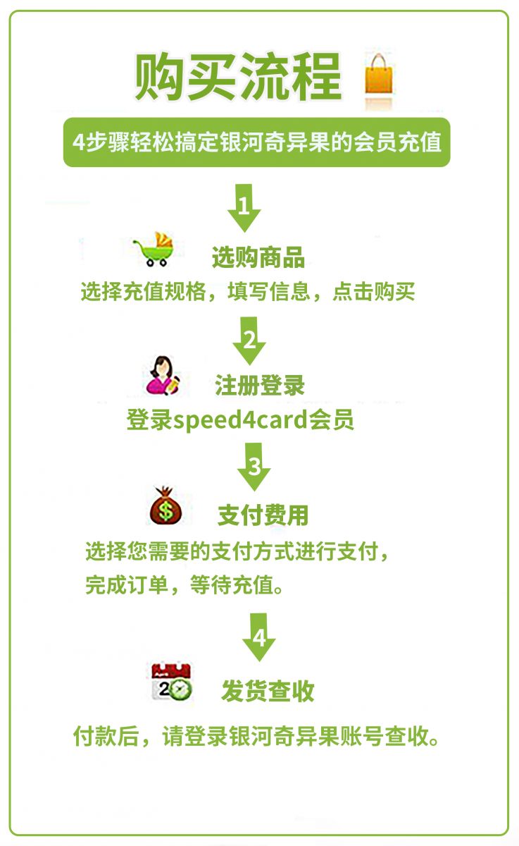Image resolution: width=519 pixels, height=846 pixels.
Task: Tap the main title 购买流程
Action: pos(239,77)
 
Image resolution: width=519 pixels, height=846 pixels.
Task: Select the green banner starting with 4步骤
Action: pos(256,142)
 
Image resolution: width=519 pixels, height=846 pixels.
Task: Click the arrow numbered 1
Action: pos(244,208)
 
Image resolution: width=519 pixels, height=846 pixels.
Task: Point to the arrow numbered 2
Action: pos(249,341)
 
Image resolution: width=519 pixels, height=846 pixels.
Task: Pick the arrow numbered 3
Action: pos(254,467)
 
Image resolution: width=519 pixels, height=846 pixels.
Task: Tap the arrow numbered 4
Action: pos(258,637)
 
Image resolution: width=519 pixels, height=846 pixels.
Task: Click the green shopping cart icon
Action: pos(154,250)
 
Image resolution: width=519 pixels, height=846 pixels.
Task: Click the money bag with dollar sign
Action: pos(165,505)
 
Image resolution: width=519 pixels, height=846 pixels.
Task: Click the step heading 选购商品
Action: pos(258,257)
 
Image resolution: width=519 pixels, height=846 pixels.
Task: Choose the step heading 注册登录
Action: pos(260,385)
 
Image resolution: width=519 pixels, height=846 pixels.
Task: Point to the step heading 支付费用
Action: pos(263,515)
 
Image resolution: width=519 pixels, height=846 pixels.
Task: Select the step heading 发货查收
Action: pos(268,691)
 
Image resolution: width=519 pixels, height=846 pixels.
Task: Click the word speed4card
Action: pos(240,420)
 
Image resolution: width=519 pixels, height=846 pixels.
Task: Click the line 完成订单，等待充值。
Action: pos(185,585)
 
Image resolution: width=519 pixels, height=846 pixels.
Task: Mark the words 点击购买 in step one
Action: pos(373,292)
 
